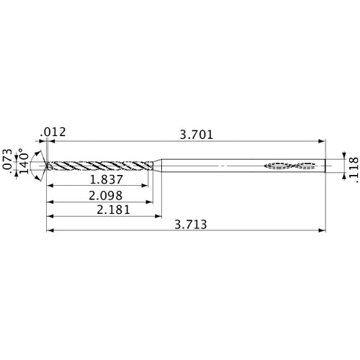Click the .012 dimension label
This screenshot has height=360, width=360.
coord(54,132)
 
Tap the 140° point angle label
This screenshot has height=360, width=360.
coord(24,163)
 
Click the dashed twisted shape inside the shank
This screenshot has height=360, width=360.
coord(291,166)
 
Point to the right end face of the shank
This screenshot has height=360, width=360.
coord(323,166)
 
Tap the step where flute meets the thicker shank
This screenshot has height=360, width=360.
coord(158,166)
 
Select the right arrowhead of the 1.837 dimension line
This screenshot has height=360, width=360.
coord(145,186)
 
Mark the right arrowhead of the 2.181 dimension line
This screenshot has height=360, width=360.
coord(158,216)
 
